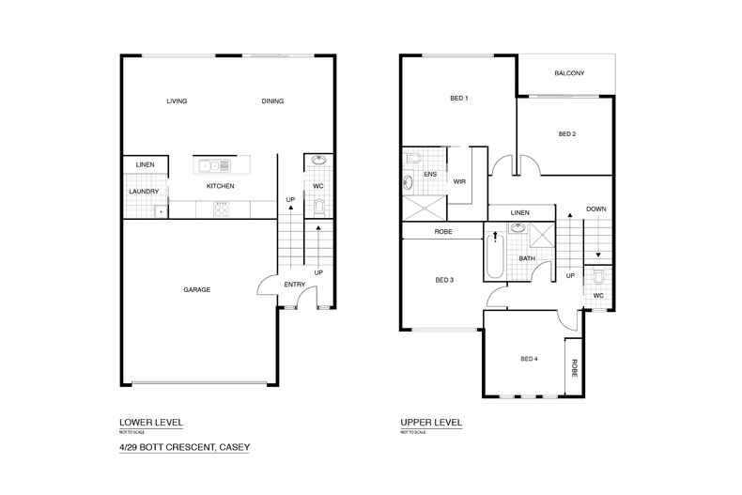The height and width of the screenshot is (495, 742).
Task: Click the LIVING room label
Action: pyautogui.click(x=177, y=101)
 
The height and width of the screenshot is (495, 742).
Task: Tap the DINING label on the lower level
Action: pyautogui.click(x=273, y=101)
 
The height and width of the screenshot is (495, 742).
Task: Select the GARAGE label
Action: pyautogui.click(x=196, y=289)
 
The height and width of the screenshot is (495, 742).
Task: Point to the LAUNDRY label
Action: pyautogui.click(x=144, y=192)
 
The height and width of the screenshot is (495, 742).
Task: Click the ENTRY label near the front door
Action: pyautogui.click(x=295, y=285)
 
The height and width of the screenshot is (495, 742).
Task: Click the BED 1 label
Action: pyautogui.click(x=459, y=98)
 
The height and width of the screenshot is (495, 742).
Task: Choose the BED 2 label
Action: pyautogui.click(x=567, y=133)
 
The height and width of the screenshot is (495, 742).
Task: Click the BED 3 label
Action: pyautogui.click(x=445, y=279)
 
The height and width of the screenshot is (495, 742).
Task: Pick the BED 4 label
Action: pyautogui.click(x=529, y=359)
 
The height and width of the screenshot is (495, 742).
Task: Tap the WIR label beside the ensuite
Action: pyautogui.click(x=459, y=181)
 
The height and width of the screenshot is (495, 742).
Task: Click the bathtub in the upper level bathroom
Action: pyautogui.click(x=495, y=257)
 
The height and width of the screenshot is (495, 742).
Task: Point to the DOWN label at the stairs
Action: pyautogui.click(x=595, y=209)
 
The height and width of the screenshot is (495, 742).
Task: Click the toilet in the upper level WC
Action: pyautogui.click(x=598, y=278)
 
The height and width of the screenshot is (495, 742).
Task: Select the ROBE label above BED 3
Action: pyautogui.click(x=444, y=231)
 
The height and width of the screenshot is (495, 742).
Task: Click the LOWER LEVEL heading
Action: pyautogui.click(x=150, y=423)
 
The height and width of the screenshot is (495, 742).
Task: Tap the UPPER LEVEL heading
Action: pyautogui.click(x=431, y=423)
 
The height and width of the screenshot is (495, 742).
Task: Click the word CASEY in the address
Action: pyautogui.click(x=234, y=447)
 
